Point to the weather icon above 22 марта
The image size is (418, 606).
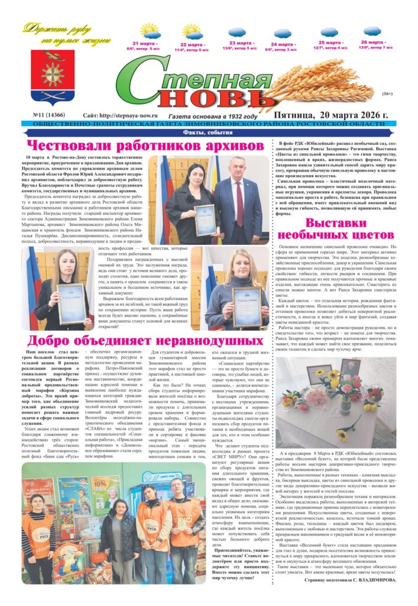click(x=193, y=31)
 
